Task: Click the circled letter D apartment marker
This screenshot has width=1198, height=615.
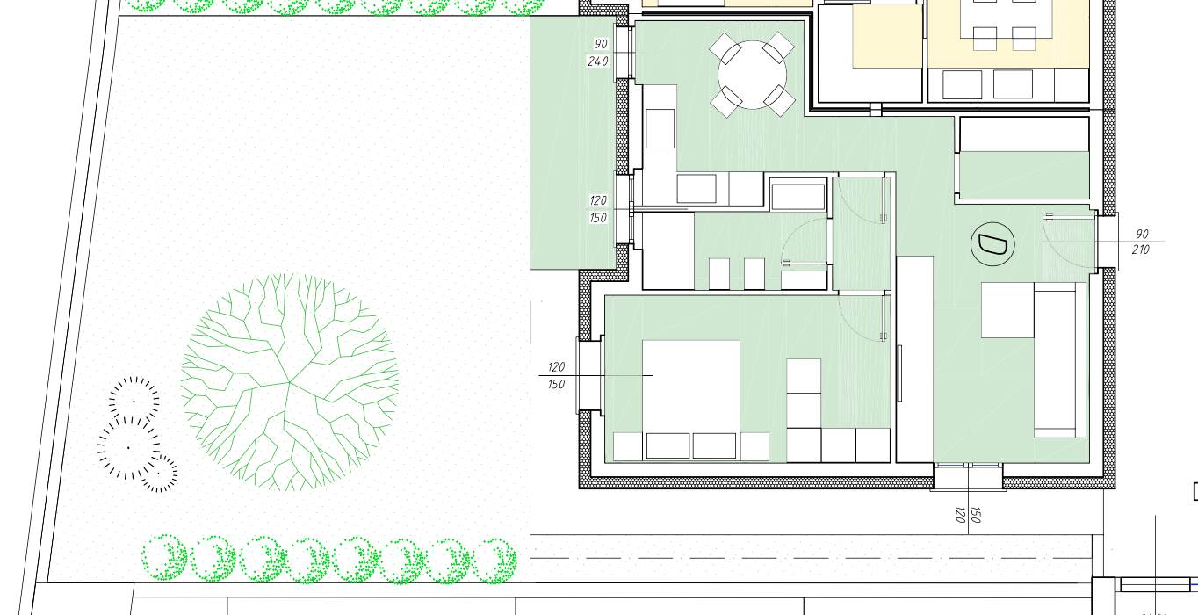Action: click(x=992, y=244)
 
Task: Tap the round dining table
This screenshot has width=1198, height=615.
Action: click(x=752, y=75)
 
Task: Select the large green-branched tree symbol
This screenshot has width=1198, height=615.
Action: click(x=289, y=382)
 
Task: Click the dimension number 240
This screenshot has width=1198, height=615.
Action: click(x=598, y=61)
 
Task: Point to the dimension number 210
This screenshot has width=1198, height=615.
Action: click(x=1140, y=250)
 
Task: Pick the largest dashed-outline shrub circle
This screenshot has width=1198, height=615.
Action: click(x=129, y=448)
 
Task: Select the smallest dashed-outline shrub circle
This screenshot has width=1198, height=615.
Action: click(x=159, y=474)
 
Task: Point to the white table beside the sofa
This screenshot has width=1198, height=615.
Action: click(x=1007, y=309)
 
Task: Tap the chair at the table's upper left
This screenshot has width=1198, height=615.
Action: click(x=725, y=48)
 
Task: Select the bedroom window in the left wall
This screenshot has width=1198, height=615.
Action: click(x=589, y=375)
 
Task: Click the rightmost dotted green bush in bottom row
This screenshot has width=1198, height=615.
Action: click(x=494, y=561)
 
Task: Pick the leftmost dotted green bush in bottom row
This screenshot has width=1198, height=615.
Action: click(x=164, y=557)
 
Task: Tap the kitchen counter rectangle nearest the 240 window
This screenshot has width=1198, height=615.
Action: click(x=660, y=128)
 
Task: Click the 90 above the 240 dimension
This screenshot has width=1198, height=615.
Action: click(x=601, y=44)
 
